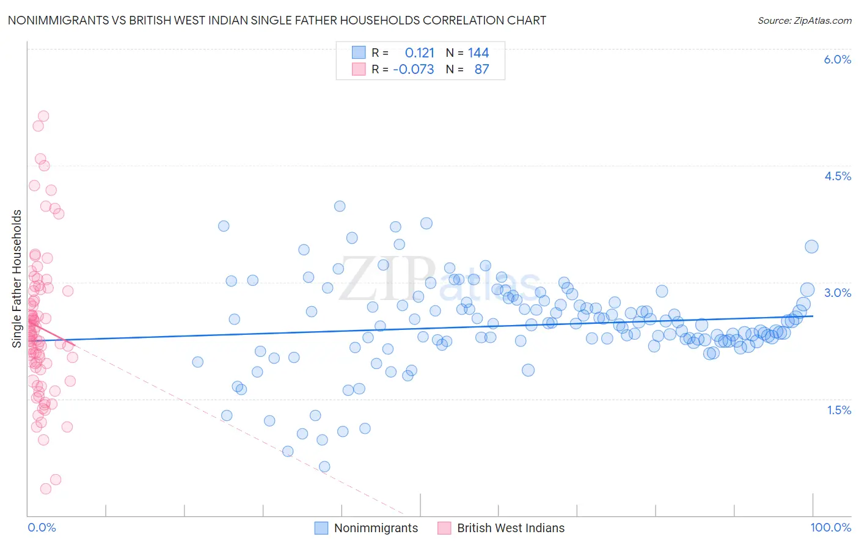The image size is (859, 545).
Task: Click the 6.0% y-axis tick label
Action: click(837, 59)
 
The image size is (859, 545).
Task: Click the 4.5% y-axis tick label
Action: click(837, 176)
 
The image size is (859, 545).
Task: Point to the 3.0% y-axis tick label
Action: click(837, 293)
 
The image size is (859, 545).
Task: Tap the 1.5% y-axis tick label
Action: click(839, 410)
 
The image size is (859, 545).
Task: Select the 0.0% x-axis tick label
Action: click(42, 527)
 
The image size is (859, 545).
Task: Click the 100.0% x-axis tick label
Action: click(830, 527)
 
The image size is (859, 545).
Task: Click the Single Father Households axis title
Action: click(17, 279)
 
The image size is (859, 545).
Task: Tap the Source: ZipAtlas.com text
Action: click(804, 20)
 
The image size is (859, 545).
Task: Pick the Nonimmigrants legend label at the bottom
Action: click(376, 528)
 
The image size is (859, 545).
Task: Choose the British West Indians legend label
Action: click(511, 528)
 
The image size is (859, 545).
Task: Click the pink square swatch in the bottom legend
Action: click(444, 528)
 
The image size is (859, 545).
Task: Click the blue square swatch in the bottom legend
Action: click(321, 528)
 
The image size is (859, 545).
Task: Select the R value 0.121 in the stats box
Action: click(420, 53)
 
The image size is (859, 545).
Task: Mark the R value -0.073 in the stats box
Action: click(414, 69)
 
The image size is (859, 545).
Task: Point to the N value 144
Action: click(478, 53)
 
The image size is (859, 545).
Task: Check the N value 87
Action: click(481, 69)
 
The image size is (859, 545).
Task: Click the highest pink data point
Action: click(43, 116)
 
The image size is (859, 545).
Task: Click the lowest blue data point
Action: click(324, 467)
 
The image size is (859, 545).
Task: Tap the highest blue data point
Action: click(340, 207)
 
